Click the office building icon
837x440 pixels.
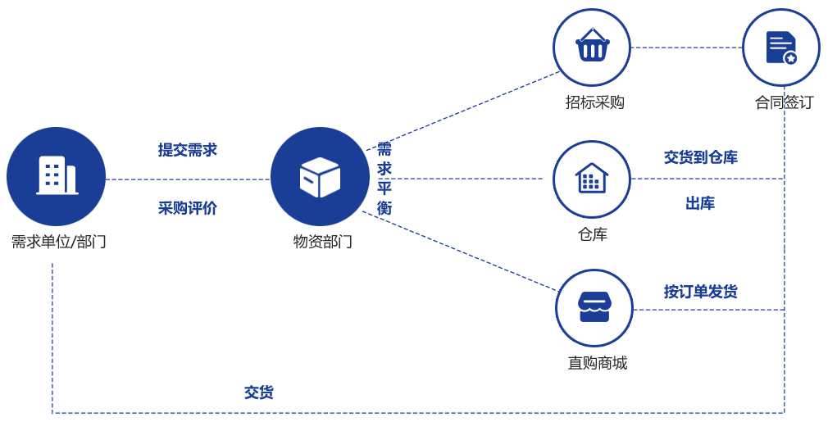57,175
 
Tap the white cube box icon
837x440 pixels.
320,177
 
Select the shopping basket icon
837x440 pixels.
592,47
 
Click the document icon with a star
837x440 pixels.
780,48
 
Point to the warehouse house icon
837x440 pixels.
591,179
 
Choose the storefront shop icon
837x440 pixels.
594,307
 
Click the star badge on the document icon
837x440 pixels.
790,58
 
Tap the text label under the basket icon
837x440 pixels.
594,102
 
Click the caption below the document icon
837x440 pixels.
784,102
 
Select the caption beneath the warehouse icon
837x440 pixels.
592,235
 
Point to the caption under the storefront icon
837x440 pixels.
597,363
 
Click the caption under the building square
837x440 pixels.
58,242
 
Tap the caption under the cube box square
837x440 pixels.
322,242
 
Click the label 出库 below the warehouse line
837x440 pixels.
699,203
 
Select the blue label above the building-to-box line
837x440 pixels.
188,150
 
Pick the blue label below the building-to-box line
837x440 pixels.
188,208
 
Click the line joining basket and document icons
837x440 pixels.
686,48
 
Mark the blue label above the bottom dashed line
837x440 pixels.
258,392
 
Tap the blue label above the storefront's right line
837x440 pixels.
700,291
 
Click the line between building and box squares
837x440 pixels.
188,179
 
